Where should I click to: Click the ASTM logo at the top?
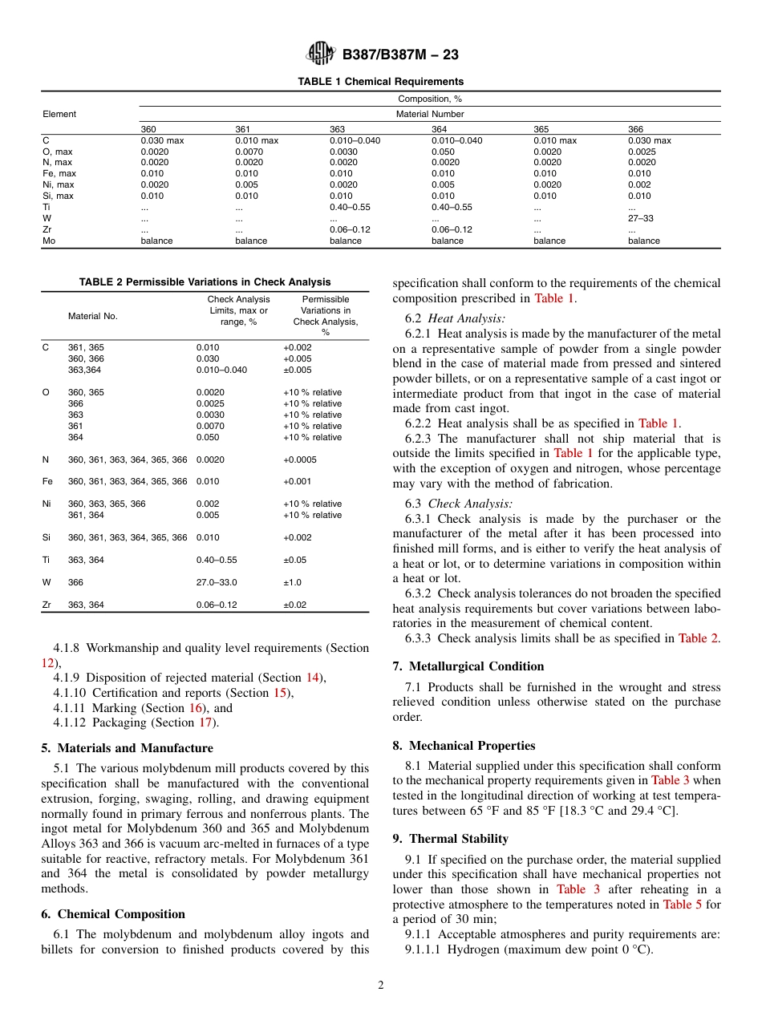pyautogui.click(x=322, y=55)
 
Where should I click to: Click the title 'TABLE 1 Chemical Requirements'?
pyautogui.click(x=380, y=82)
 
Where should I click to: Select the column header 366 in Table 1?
pyautogui.click(x=635, y=129)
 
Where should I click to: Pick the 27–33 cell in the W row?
pyautogui.click(x=640, y=218)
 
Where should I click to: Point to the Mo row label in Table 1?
pyautogui.click(x=48, y=241)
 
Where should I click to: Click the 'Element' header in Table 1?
pyautogui.click(x=59, y=114)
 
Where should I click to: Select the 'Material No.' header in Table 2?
pyautogui.click(x=92, y=316)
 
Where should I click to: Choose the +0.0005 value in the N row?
pyautogui.click(x=300, y=459)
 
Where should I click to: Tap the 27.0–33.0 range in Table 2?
pyautogui.click(x=217, y=583)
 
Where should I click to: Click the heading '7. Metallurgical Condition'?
pyautogui.click(x=468, y=666)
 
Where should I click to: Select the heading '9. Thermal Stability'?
pyautogui.click(x=451, y=839)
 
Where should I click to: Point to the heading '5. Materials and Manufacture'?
pyautogui.click(x=128, y=748)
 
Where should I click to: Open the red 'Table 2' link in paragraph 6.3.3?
pyautogui.click(x=698, y=638)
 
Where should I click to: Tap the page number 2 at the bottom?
pyautogui.click(x=381, y=986)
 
